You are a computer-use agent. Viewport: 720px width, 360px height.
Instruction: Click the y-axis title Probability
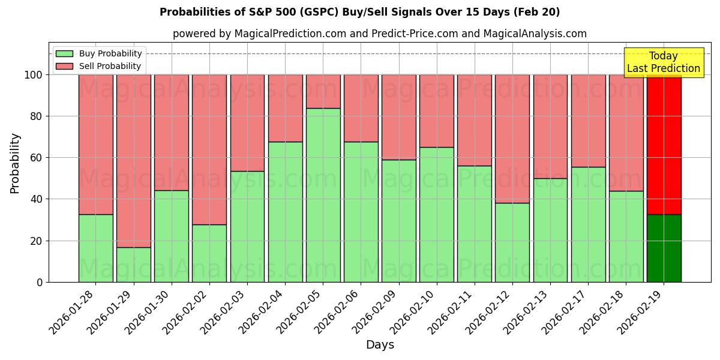pos(15,163)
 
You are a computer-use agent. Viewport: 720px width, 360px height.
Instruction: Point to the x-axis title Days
pos(380,345)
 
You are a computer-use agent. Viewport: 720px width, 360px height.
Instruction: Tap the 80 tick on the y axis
pos(37,116)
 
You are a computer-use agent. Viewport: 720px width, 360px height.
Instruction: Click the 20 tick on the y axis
pos(37,241)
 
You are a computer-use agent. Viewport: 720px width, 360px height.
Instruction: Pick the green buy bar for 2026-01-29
pos(133,265)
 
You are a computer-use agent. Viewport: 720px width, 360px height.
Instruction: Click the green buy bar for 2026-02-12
pos(512,242)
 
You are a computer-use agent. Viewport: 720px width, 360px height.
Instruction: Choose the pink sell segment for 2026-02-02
pos(209,149)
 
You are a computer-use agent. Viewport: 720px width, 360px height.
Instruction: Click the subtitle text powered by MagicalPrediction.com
pos(380,34)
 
